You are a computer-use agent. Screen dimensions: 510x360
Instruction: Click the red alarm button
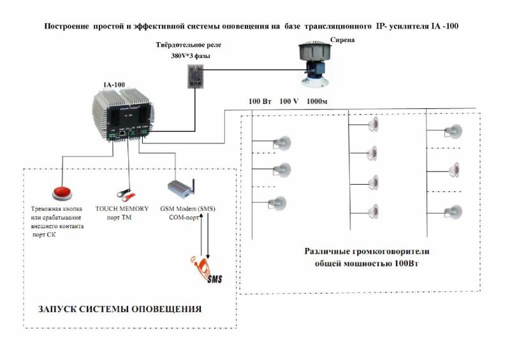tap(62, 193)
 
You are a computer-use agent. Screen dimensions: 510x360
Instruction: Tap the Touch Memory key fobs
tap(126, 194)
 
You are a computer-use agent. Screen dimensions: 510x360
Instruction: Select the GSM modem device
tap(181, 189)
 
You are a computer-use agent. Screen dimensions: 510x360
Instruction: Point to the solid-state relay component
tap(196, 76)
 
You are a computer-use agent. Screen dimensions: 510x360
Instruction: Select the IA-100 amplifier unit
tap(123, 115)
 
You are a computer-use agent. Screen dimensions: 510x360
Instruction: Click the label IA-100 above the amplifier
tap(114, 85)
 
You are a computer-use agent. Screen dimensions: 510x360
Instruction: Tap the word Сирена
tap(342, 40)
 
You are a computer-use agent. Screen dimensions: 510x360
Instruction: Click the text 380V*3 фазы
tap(191, 56)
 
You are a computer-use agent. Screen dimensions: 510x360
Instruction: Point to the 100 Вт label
tap(259, 101)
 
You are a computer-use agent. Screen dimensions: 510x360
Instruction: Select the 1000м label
tap(317, 101)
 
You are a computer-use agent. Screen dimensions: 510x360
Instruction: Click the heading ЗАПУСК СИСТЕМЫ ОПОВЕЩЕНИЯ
tap(120, 309)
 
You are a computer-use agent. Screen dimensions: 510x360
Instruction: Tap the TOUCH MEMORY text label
tap(122, 209)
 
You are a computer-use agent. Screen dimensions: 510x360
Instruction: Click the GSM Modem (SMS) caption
tap(187, 209)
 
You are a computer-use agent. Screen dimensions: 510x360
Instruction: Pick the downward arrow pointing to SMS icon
tap(208, 236)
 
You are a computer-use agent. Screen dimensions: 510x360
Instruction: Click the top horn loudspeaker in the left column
tap(282, 143)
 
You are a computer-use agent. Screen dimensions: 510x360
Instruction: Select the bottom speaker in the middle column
tap(374, 212)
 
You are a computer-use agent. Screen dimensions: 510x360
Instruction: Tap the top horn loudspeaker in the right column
tap(453, 131)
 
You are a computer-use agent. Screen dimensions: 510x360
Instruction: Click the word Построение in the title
tap(67, 26)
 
